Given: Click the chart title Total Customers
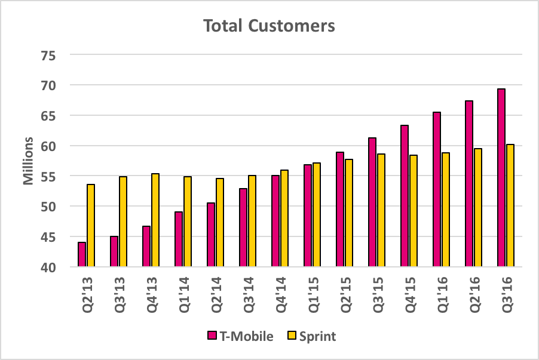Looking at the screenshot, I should tap(269, 26).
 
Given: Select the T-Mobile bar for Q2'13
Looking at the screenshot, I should tap(82, 254).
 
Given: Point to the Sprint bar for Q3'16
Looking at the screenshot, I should tap(510, 205).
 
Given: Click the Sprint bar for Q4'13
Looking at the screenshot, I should tap(155, 220).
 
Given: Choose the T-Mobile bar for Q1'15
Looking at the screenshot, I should tap(308, 216).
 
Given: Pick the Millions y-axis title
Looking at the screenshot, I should tap(27, 161).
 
